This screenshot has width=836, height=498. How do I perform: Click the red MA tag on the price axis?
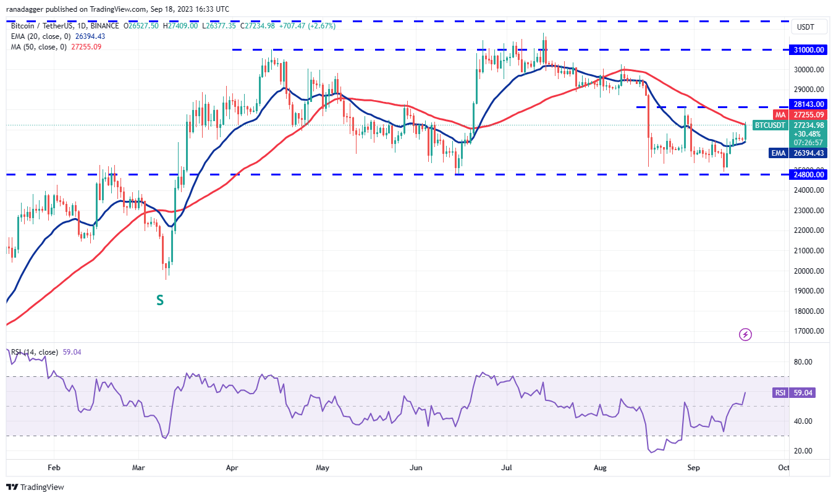pos(780,115)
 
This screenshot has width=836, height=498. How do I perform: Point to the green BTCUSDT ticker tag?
pos(770,125)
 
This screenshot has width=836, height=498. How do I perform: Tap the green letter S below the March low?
pos(159,301)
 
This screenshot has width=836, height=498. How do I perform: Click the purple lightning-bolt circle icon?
pos(746,334)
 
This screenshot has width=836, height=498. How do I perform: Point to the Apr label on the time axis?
pos(232,468)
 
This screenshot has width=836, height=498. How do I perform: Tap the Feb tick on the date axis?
pos(54,468)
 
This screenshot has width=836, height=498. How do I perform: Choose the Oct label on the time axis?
pos(783,468)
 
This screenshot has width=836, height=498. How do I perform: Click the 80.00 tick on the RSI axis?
pos(803,362)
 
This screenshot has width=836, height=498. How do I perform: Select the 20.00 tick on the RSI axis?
pos(803,451)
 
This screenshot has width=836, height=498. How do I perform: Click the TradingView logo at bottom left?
pos(36,487)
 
